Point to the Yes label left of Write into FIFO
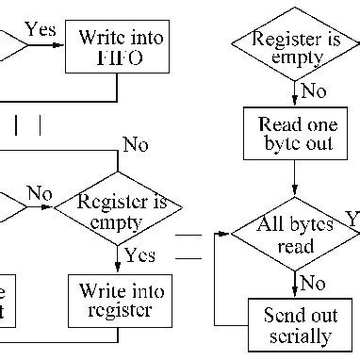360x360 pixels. [x=40, y=30]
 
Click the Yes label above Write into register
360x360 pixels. [x=139, y=255]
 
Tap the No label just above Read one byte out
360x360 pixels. [x=314, y=92]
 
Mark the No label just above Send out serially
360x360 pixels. [x=313, y=282]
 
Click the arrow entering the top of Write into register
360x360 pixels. [x=118, y=264]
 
